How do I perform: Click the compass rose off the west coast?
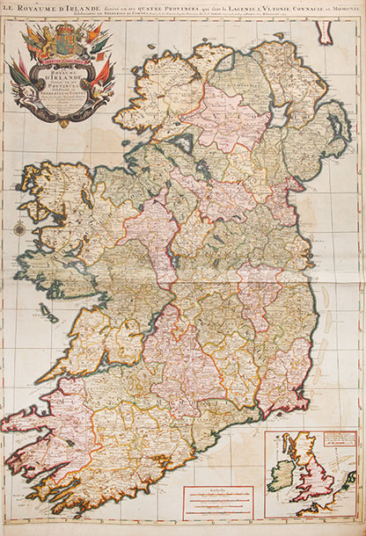point(18,229)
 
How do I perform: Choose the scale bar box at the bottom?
point(217,503)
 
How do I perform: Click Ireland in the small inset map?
point(282,475)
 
